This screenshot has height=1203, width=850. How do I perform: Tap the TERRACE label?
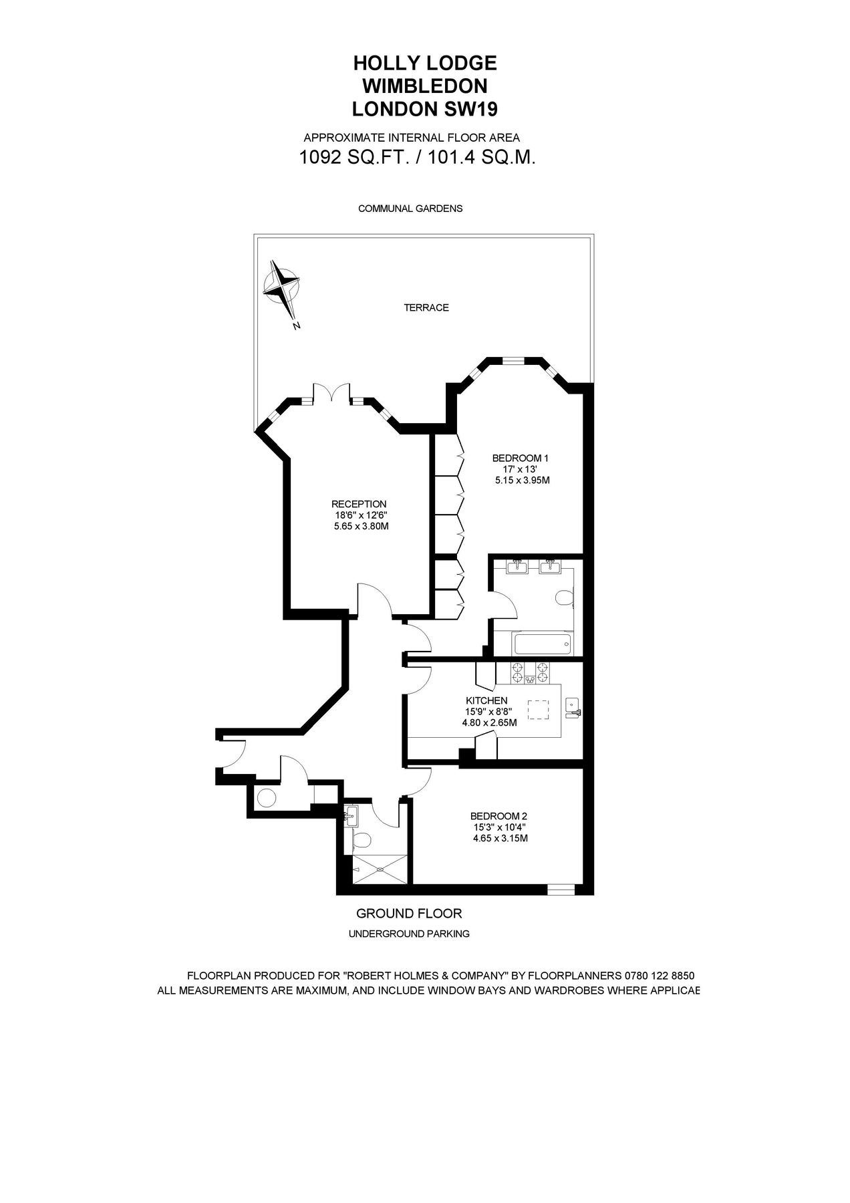[426, 308]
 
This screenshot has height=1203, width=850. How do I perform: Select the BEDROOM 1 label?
[520, 458]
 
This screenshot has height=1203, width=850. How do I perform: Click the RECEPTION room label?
[360, 504]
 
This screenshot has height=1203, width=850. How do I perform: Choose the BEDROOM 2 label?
[499, 816]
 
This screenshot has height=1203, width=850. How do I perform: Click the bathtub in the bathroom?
[542, 645]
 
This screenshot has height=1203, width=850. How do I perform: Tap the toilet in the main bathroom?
[566, 597]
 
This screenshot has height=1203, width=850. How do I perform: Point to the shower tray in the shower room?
[379, 869]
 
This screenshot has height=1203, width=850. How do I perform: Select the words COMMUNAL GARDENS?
[410, 209]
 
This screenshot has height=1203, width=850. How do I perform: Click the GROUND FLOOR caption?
[409, 913]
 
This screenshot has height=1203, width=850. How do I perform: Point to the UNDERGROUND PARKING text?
[409, 934]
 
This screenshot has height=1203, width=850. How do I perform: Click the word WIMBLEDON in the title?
[424, 86]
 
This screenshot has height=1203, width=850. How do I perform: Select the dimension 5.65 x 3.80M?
[361, 527]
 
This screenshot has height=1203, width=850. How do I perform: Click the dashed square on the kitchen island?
[539, 709]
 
